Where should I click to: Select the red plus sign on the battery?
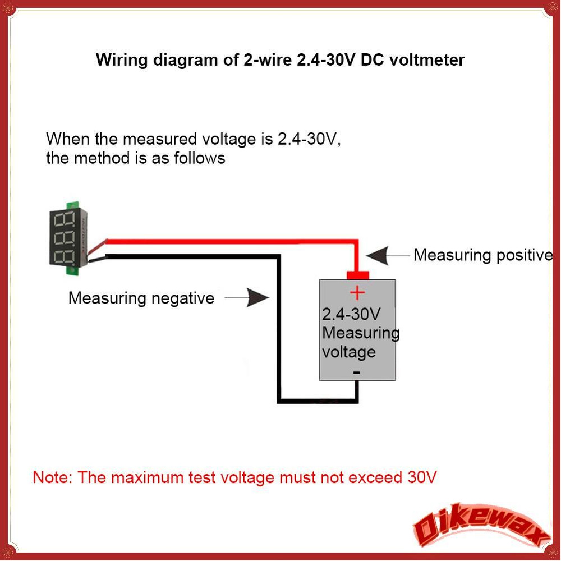pyautogui.click(x=357, y=293)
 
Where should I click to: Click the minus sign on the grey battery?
pyautogui.click(x=357, y=373)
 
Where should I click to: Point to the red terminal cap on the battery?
pyautogui.click(x=357, y=275)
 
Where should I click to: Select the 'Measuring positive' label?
pyautogui.click(x=483, y=256)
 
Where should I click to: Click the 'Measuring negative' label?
pyautogui.click(x=141, y=298)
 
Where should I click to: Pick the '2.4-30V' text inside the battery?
pyautogui.click(x=351, y=314)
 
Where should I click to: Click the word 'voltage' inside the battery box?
pyautogui.click(x=349, y=352)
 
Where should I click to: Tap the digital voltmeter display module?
pyautogui.click(x=68, y=238)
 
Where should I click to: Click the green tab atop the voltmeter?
pyautogui.click(x=72, y=205)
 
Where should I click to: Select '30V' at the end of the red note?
pyautogui.click(x=422, y=477)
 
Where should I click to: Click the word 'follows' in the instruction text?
pyautogui.click(x=200, y=158)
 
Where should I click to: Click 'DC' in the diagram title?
pyautogui.click(x=372, y=60)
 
